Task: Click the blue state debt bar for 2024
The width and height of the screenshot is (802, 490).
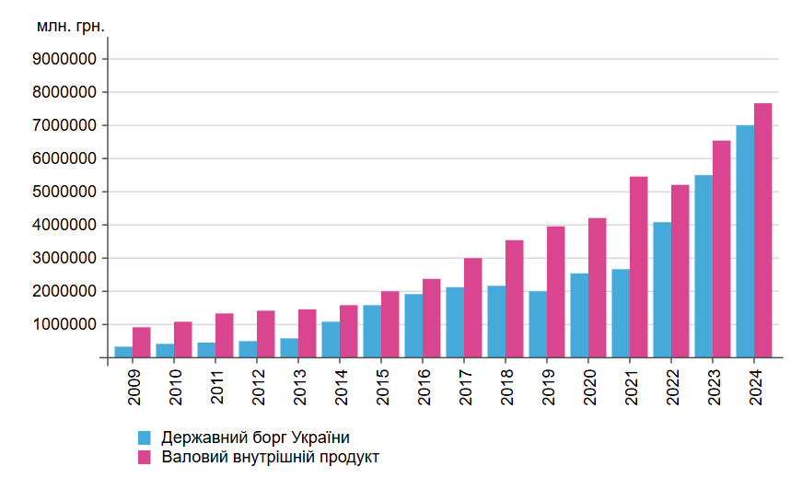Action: tap(745, 241)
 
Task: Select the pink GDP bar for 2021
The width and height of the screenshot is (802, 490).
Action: tap(639, 267)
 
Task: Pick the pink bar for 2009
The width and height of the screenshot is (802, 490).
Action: tap(142, 343)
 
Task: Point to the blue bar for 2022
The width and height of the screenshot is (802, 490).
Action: tap(662, 289)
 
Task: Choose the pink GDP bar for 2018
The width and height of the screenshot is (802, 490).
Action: tap(515, 298)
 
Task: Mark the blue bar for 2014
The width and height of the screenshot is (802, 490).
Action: tap(331, 339)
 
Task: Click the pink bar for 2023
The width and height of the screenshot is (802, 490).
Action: tap(722, 249)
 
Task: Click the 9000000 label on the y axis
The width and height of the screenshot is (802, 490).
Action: tap(64, 59)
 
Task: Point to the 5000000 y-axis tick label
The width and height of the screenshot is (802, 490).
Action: tap(64, 192)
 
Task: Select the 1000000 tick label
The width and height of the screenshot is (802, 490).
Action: tap(64, 324)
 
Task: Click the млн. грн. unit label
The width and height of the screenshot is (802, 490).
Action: tap(71, 26)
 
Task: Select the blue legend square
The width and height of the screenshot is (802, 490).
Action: tap(145, 437)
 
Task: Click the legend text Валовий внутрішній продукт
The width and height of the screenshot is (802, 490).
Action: tap(270, 457)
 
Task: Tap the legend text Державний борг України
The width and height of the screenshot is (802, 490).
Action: tap(255, 437)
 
